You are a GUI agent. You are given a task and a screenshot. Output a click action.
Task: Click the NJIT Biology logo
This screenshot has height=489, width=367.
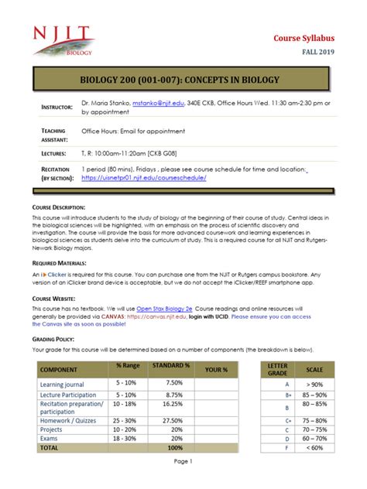pyautogui.click(x=63, y=38)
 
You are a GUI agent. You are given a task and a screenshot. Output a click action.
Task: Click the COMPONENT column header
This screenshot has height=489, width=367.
pyautogui.click(x=63, y=370)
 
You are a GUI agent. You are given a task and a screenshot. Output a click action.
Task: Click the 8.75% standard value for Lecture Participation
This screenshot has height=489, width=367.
pyautogui.click(x=173, y=395)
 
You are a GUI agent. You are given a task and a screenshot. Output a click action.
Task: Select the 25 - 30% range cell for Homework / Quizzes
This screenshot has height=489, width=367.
pyautogui.click(x=125, y=419)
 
